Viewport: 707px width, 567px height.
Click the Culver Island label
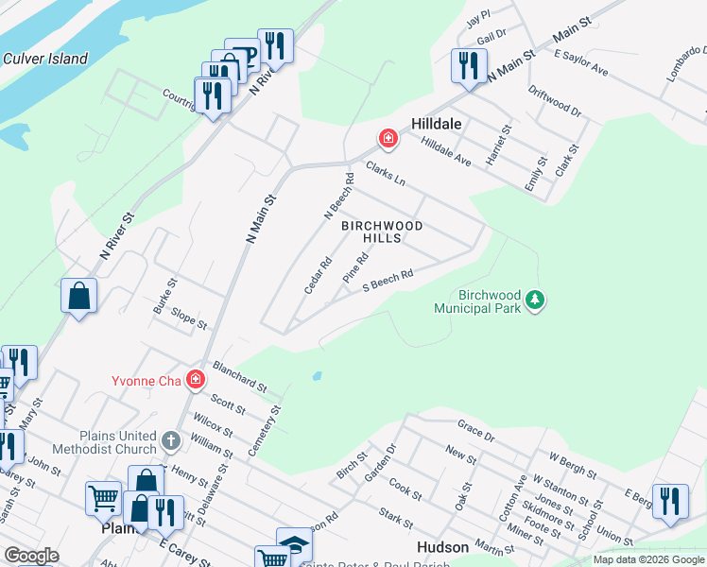coord(45,59)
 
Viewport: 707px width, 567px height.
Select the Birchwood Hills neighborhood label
coord(382,232)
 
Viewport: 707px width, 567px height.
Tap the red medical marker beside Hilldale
coord(388,140)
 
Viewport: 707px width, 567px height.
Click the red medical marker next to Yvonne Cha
coord(196,380)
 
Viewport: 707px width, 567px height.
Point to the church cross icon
coord(170,440)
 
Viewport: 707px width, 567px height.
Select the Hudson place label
coord(442,548)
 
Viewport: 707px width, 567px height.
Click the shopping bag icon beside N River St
coord(79,295)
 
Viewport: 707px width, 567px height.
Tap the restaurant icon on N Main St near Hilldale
coord(469,66)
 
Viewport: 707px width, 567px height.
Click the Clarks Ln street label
coord(386,173)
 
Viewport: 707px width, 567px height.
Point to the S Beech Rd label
coord(388,281)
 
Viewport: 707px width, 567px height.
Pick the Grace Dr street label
coord(475,431)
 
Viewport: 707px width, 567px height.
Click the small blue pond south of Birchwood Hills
coord(316,375)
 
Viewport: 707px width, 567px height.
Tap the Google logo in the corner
coord(31,556)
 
